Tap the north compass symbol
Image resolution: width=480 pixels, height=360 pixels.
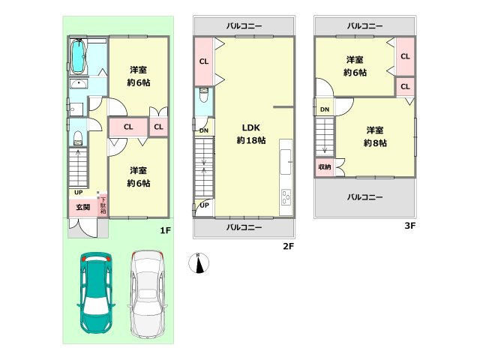[199, 262]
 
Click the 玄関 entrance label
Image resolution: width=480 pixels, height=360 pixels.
[82, 207]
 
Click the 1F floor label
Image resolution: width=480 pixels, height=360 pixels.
[165, 231]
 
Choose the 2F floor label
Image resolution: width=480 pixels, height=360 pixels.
[286, 246]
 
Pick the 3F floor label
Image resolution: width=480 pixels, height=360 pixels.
[409, 225]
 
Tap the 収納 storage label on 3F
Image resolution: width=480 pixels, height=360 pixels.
[324, 166]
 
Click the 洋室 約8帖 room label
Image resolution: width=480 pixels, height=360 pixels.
[375, 136]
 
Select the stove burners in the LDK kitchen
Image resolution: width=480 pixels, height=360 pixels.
[286, 198]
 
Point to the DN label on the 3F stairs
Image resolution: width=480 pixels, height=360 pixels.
[324, 110]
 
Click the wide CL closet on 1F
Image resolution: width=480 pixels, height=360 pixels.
[128, 127]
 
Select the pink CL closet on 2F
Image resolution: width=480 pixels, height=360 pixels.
[203, 61]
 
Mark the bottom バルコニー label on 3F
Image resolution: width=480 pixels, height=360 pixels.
[364, 198]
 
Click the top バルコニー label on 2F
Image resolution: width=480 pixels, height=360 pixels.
[244, 25]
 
